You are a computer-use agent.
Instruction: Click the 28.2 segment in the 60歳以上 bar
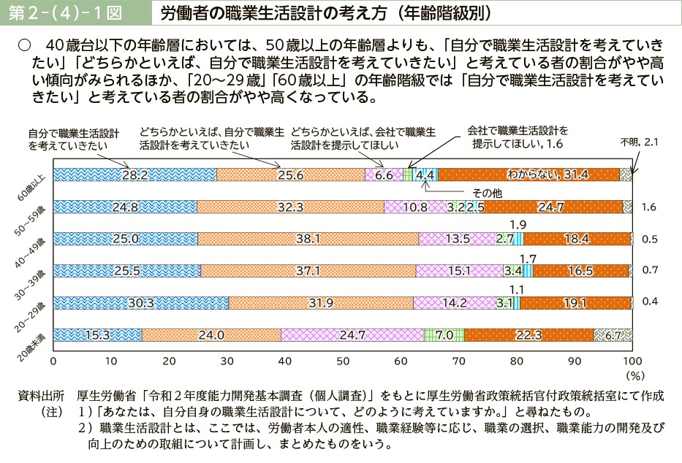click(x=135, y=175)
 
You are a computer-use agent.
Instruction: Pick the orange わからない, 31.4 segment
click(x=528, y=175)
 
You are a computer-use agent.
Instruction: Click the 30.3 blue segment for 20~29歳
click(x=141, y=303)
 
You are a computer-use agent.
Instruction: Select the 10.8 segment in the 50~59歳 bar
click(x=415, y=207)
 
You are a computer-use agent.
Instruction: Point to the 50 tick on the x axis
click(x=343, y=361)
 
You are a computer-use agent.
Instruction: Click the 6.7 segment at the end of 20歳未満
click(x=613, y=335)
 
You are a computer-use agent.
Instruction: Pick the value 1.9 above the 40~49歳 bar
click(x=518, y=224)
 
